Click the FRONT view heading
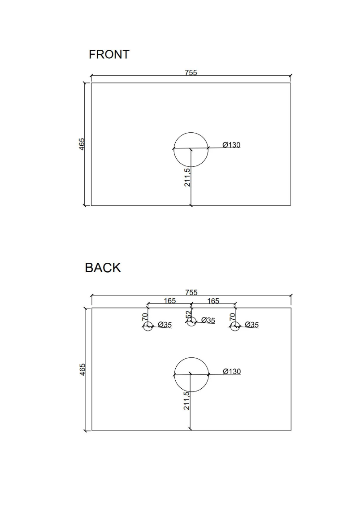tap(109, 55)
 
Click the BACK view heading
tap(103, 268)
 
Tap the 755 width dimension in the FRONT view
tap(191, 73)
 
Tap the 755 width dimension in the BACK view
tap(191, 292)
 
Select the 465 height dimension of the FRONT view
tap(82, 144)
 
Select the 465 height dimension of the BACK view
tap(82, 370)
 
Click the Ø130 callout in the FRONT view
tap(231, 145)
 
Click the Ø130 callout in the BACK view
tap(231, 371)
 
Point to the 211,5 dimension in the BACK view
tap(187, 400)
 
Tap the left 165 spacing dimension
tap(169, 300)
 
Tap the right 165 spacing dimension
tap(213, 300)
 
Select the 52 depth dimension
tap(189, 315)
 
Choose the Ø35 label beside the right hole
tap(252, 325)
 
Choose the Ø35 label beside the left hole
tap(165, 325)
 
